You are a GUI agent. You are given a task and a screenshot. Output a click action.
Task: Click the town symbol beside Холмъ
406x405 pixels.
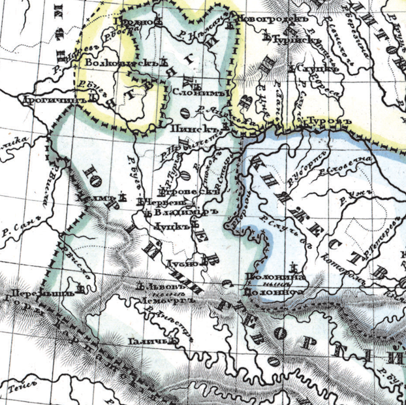(x=121, y=195)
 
